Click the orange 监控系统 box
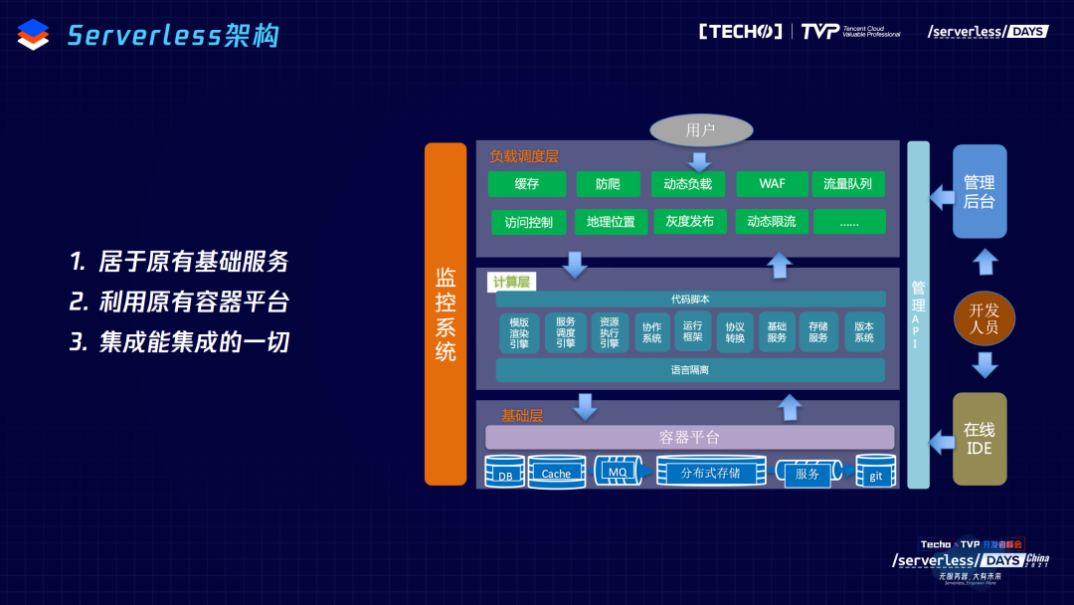(446, 313)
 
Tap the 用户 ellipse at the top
(701, 130)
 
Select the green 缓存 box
(527, 184)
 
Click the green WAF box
(772, 184)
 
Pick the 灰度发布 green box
(690, 222)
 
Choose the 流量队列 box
(847, 184)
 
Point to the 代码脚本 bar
(690, 300)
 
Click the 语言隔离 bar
(690, 370)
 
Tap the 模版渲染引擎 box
(519, 334)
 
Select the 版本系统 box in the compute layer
(864, 332)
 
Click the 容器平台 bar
(690, 437)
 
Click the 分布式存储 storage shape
(711, 472)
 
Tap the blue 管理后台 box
(980, 192)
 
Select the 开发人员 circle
(984, 317)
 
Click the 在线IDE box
(980, 439)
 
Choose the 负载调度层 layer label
(524, 157)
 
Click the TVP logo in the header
(820, 32)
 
